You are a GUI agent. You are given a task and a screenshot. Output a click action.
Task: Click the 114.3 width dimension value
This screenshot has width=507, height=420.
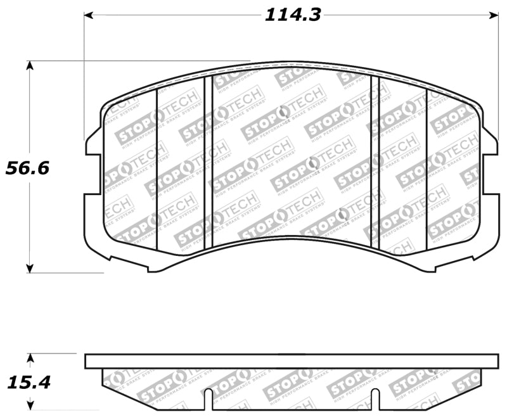coord(292,14)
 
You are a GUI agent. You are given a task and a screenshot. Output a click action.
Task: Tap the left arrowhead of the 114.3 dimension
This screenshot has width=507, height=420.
coord(89,15)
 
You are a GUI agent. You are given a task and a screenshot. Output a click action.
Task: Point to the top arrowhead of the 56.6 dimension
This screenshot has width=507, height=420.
coord(29,65)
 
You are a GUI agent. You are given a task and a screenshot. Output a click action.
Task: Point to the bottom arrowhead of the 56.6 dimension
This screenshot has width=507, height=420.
coord(29,268)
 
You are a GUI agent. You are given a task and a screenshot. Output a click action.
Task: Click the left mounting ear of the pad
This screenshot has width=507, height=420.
coord(93,143)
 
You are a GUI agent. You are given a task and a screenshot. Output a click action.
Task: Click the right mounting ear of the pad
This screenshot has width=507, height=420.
coord(489,143)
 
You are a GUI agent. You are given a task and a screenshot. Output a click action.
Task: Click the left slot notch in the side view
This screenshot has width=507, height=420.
coord(208,398)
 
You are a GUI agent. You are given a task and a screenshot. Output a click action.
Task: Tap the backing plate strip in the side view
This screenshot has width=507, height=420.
coord(291,361)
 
